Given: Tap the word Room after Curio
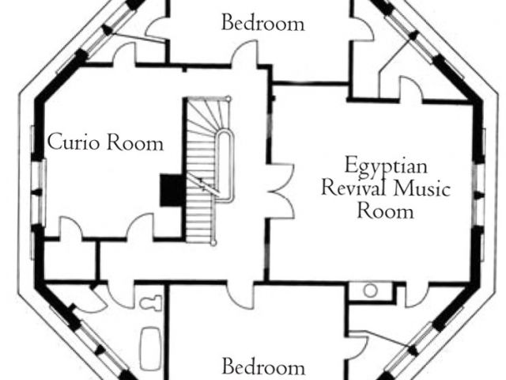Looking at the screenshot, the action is point(134,142).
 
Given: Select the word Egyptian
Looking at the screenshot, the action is point(386,166).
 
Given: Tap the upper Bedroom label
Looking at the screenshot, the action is point(263,23).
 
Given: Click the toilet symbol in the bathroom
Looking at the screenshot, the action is point(151,303).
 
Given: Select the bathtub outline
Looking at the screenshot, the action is point(151,348).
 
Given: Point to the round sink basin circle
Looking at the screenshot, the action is point(371,291).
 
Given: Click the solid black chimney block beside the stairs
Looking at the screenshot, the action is point(172,190).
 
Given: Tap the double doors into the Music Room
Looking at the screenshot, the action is point(280,191).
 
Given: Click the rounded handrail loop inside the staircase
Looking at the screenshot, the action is point(225,165).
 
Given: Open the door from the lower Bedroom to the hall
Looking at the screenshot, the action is point(240,295).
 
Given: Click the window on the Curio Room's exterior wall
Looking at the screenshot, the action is point(39,192).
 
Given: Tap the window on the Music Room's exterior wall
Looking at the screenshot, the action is point(479,195).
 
